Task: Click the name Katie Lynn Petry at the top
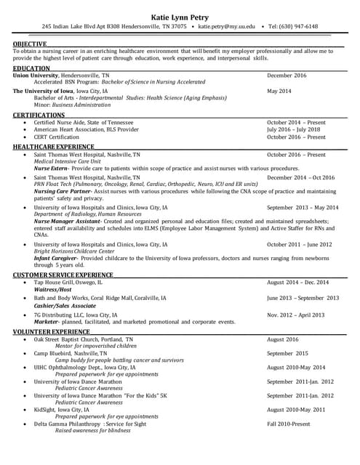pyautogui.click(x=180, y=15)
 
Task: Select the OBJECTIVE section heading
pyautogui.click(x=29, y=44)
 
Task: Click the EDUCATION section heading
pyautogui.click(x=31, y=68)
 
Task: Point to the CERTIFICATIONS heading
pyautogui.click(x=39, y=116)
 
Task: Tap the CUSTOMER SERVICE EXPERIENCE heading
pyautogui.click(x=62, y=275)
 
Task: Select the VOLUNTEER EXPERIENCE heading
pyautogui.click(x=51, y=332)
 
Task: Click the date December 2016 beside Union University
pyautogui.click(x=287, y=76)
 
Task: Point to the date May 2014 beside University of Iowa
pyautogui.click(x=279, y=92)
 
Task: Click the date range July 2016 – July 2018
pyautogui.click(x=293, y=130)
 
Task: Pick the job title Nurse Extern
pyautogui.click(x=51, y=169)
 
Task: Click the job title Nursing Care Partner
pyautogui.click(x=63, y=191)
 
